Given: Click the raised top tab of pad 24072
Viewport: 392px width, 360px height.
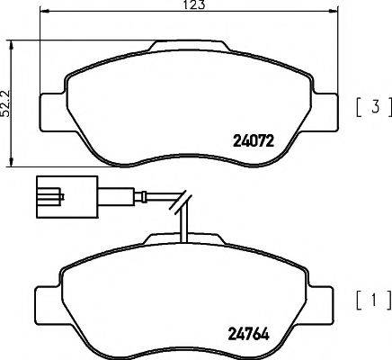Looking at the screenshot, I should pyautogui.click(x=189, y=45).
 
